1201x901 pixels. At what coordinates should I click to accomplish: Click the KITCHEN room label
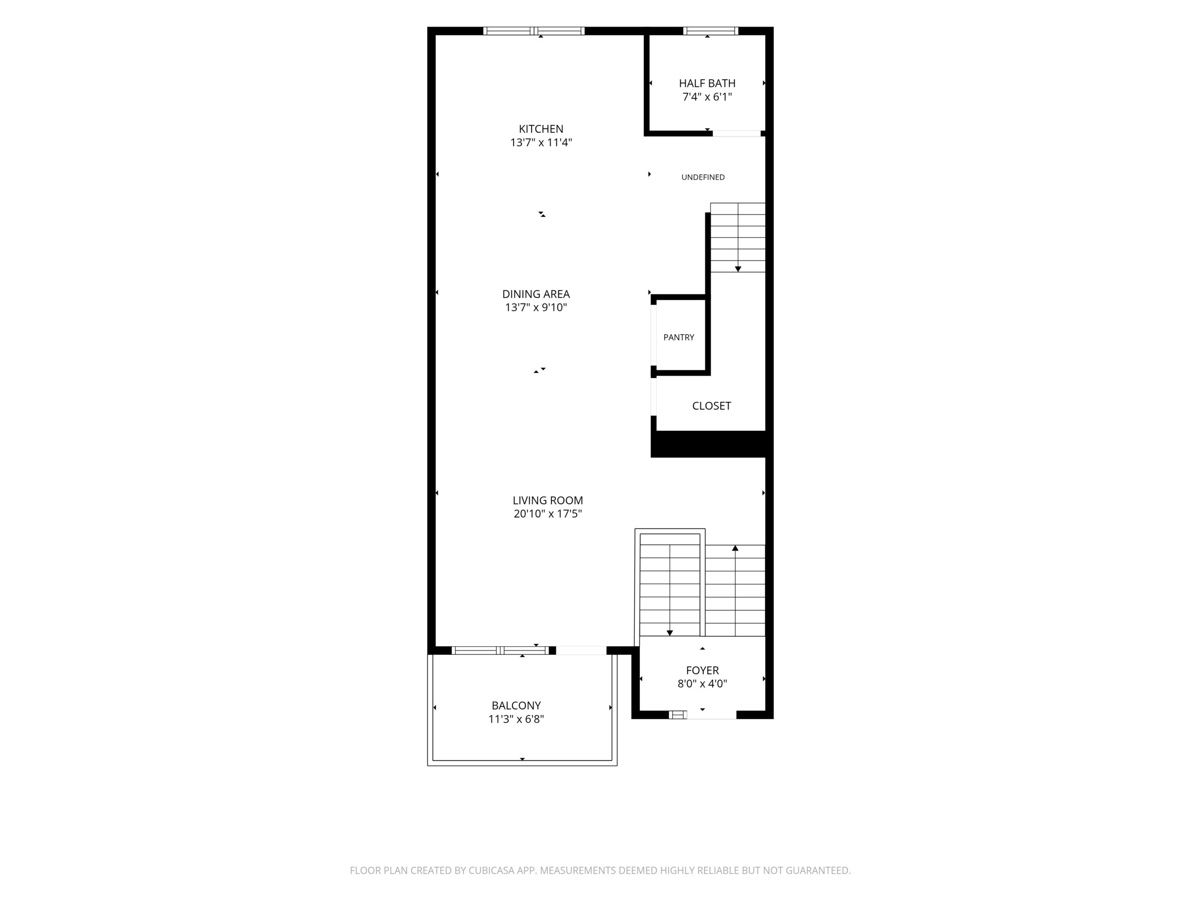point(541,129)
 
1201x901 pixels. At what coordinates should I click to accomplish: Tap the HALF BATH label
point(707,83)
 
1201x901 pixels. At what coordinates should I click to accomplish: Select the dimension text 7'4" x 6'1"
point(707,97)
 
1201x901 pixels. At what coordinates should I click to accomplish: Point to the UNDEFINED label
point(703,177)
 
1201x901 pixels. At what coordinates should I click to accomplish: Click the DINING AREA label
point(536,294)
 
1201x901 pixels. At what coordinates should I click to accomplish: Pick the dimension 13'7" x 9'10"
point(536,307)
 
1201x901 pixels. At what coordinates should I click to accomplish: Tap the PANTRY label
point(679,337)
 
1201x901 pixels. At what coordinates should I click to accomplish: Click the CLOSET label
point(711,406)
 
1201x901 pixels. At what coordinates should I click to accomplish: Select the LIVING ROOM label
point(548,500)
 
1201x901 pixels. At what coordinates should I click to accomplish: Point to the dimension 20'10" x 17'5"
point(548,514)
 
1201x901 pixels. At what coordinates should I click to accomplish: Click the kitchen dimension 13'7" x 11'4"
point(541,142)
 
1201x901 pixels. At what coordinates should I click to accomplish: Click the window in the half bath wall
point(710,31)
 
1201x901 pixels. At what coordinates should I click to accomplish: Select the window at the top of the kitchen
point(534,31)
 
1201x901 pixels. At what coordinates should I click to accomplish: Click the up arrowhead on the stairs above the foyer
point(735,548)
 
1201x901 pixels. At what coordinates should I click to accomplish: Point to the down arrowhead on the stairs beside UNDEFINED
point(738,269)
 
